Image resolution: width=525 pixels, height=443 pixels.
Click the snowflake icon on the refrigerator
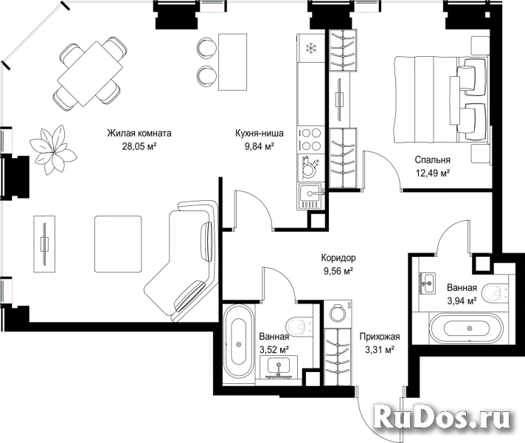311,48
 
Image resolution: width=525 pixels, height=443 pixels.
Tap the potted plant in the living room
53,149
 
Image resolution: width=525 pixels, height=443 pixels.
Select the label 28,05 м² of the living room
139,146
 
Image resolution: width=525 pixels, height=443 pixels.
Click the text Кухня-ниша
259,133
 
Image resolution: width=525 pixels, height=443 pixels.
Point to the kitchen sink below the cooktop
311,196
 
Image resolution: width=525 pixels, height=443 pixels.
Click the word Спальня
432,160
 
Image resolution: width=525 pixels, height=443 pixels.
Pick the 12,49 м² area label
432,173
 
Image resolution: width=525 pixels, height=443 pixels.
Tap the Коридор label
338,258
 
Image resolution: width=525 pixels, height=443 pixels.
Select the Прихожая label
380,337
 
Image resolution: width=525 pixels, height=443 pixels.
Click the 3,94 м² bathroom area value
462,301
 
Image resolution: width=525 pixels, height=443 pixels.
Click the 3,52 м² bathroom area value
274,350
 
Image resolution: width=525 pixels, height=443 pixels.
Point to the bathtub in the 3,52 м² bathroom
239,344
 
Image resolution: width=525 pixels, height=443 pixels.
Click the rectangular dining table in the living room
90,73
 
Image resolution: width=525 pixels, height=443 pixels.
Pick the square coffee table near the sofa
118,244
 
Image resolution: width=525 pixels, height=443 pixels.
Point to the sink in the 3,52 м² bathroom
279,365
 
